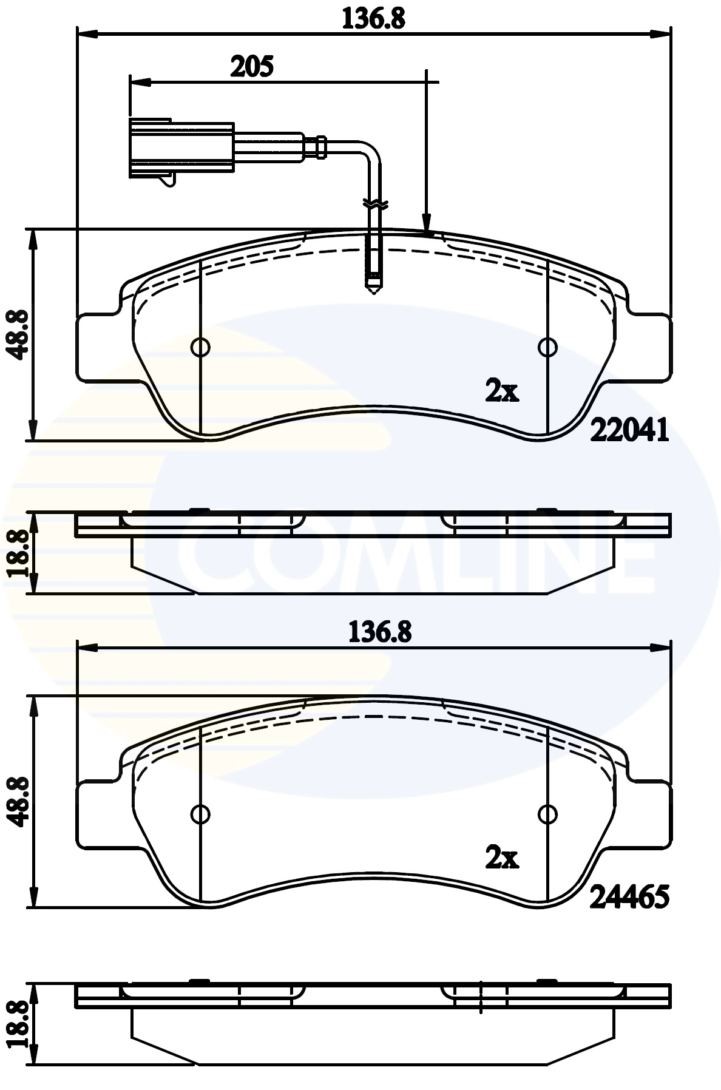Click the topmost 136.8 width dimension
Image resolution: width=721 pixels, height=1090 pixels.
(373, 18)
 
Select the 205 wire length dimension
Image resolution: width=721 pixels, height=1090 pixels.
(252, 66)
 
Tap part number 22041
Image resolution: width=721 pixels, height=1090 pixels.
(629, 431)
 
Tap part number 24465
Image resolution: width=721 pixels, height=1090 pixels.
(629, 896)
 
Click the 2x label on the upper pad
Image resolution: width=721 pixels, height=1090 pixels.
(502, 392)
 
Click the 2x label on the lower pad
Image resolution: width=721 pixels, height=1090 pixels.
(502, 858)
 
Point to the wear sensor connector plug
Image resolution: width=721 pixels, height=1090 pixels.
(181, 149)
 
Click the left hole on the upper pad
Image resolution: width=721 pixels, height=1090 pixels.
(200, 347)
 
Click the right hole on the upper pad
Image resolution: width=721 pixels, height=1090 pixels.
(547, 347)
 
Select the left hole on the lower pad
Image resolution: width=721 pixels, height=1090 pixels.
(200, 813)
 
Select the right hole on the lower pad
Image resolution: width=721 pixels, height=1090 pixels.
(547, 813)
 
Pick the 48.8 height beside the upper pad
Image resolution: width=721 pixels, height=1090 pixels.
(18, 334)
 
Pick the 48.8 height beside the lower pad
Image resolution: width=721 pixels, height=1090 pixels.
(18, 801)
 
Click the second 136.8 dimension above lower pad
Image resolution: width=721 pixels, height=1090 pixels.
(379, 632)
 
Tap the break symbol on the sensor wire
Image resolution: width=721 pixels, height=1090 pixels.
(374, 205)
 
